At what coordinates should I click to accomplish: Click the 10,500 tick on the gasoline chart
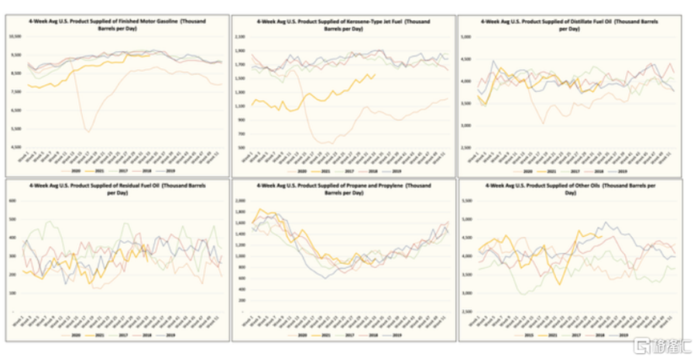(14, 36)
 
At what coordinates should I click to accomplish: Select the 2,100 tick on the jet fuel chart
(239, 36)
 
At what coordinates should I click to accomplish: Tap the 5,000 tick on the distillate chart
(466, 36)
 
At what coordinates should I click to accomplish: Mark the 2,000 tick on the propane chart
(239, 200)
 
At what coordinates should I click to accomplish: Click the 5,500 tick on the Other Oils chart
(466, 200)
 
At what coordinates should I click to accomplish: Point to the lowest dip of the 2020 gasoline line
(89, 131)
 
